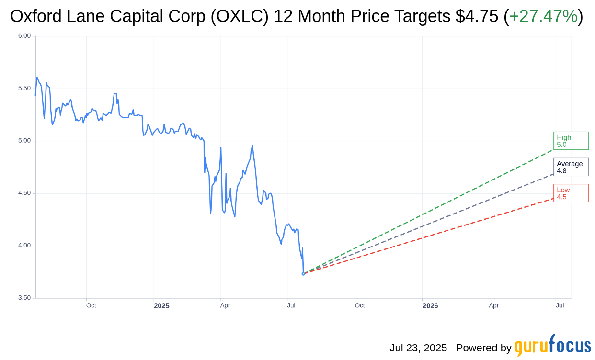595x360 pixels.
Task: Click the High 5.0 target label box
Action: pyautogui.click(x=571, y=141)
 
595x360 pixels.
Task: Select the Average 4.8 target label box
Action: pyautogui.click(x=571, y=167)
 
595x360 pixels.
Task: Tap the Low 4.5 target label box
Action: pyautogui.click(x=571, y=193)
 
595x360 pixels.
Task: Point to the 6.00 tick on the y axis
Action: pyautogui.click(x=24, y=36)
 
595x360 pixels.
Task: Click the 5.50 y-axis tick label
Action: pyautogui.click(x=24, y=89)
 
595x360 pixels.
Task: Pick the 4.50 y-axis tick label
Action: pyautogui.click(x=24, y=193)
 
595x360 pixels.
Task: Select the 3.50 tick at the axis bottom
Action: pyautogui.click(x=24, y=298)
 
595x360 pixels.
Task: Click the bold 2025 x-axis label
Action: pyautogui.click(x=161, y=306)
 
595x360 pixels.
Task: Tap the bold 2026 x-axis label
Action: pyautogui.click(x=430, y=306)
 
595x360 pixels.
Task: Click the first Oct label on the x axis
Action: pyautogui.click(x=91, y=305)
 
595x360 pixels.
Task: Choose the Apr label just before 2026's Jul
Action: pyautogui.click(x=493, y=305)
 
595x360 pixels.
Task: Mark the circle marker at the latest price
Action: pyautogui.click(x=303, y=274)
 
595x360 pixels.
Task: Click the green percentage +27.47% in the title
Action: pyautogui.click(x=543, y=16)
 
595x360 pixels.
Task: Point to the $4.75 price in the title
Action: pyautogui.click(x=476, y=16)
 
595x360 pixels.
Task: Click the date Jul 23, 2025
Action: pyautogui.click(x=418, y=348)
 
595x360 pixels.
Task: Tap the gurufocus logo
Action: pyautogui.click(x=552, y=346)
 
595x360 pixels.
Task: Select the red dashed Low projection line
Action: pyautogui.click(x=431, y=235)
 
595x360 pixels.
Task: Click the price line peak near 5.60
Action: pyautogui.click(x=37, y=77)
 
